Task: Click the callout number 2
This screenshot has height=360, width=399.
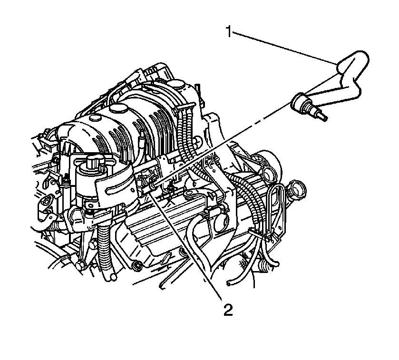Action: click(228, 310)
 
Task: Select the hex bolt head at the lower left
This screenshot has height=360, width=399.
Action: click(81, 266)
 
